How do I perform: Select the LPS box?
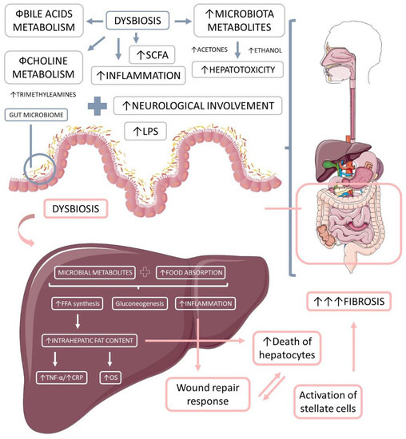coord(146,129)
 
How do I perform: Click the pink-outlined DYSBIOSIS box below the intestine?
coord(70,210)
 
